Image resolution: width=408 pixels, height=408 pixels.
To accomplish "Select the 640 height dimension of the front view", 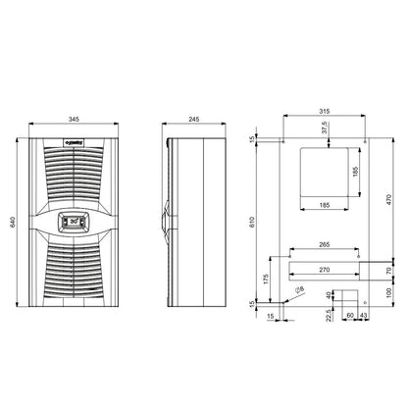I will pos(13,223).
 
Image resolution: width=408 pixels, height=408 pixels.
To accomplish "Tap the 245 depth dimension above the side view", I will pos(194,120).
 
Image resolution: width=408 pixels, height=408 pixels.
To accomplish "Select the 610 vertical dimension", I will pos(257,223).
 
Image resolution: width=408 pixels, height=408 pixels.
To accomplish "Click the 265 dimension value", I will pos(317,246).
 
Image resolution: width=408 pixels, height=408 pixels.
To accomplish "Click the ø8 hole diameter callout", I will pos(299,290).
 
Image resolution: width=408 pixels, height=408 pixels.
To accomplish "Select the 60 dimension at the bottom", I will pos(351,316).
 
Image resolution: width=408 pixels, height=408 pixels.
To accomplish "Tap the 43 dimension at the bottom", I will pos(365,316).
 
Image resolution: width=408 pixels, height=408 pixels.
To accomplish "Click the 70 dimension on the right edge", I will pos(388,269).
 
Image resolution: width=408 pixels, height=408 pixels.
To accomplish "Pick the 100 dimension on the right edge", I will pos(388,292).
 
